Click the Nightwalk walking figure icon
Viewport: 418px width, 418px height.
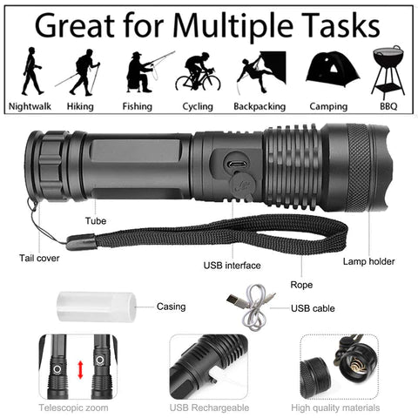point(31,71)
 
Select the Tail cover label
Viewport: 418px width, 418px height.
point(40,257)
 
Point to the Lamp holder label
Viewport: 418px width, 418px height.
point(368,260)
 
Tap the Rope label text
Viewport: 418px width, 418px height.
point(302,284)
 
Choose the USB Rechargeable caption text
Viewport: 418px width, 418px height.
point(209,407)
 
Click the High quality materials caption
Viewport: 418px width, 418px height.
point(337,407)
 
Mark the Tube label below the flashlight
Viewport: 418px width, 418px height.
point(96,221)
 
